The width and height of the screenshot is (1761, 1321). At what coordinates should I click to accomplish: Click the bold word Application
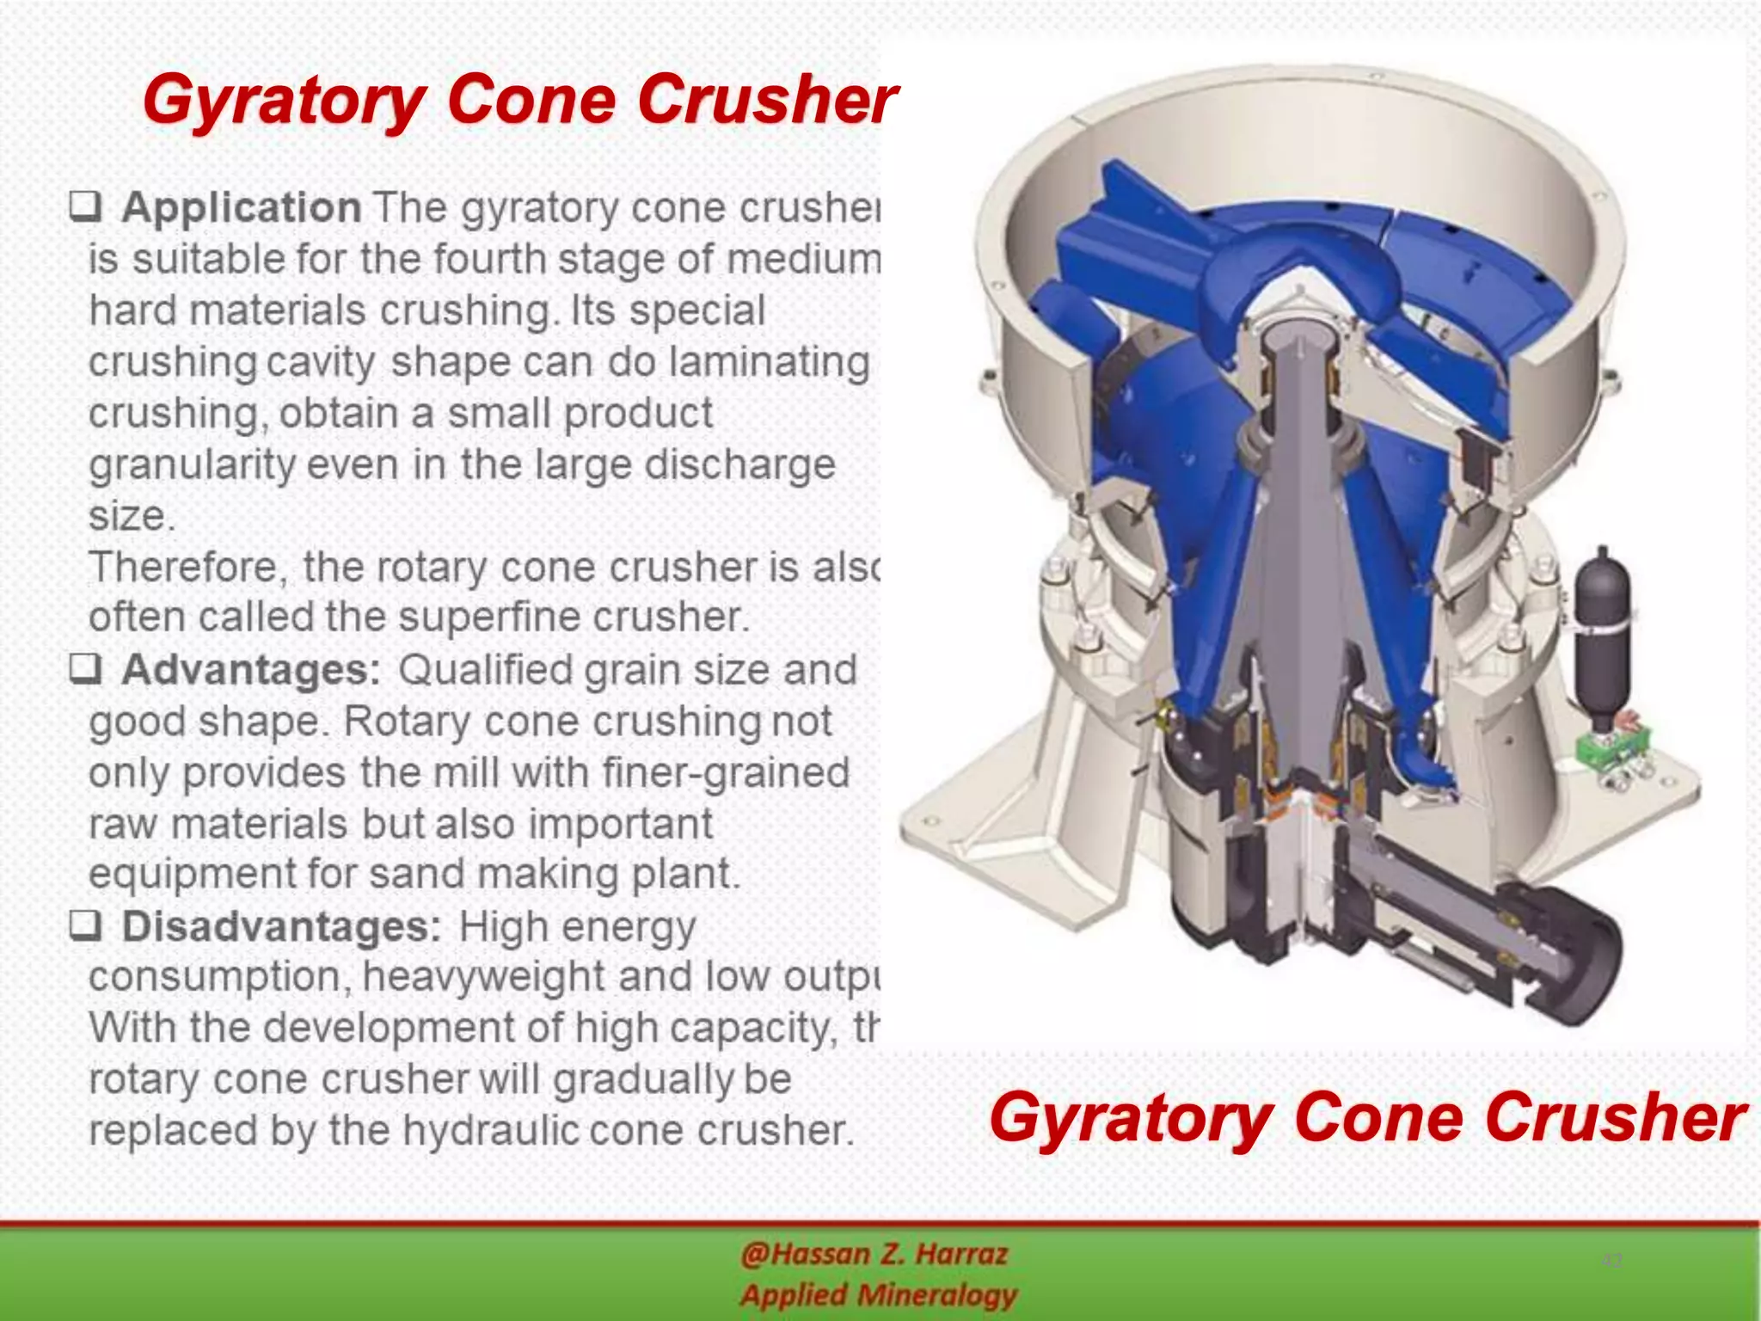[x=241, y=208]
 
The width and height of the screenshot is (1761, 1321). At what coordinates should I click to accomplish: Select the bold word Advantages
[x=250, y=670]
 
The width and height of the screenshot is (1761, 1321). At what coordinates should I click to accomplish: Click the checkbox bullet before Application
[x=86, y=206]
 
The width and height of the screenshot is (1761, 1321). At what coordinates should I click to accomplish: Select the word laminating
[x=769, y=361]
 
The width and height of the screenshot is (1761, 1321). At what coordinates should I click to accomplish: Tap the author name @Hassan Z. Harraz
[x=874, y=1254]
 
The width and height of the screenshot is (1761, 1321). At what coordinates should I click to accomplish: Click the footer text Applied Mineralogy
[x=878, y=1294]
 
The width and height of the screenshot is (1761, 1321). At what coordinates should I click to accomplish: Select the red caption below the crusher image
[x=1367, y=1117]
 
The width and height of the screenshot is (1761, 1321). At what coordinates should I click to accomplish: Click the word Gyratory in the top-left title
[x=284, y=100]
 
